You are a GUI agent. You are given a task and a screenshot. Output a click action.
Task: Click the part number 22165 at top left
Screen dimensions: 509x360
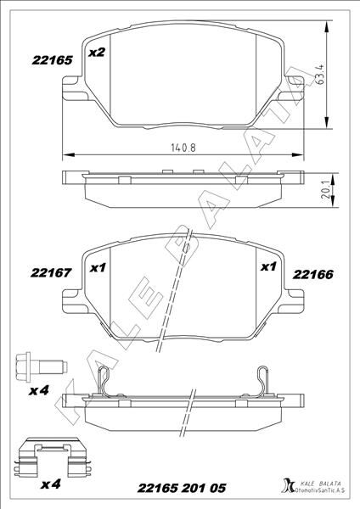37,60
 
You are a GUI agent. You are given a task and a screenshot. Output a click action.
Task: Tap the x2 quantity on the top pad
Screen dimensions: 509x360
97,53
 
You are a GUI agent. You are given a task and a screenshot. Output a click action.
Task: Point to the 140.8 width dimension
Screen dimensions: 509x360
183,146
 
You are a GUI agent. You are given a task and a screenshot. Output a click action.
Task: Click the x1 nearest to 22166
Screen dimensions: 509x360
268,267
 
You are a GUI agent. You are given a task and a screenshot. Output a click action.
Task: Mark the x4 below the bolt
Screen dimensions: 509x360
38,391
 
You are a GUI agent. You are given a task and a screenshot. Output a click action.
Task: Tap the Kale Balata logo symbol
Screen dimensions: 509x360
285,487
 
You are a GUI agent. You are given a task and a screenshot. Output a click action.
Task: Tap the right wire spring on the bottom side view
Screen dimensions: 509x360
263,380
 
